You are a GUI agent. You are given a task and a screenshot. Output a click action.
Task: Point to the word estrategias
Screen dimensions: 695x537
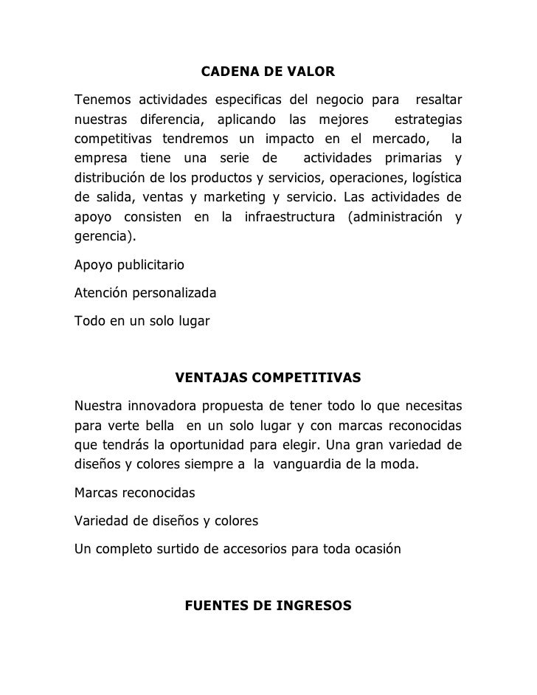[429, 119]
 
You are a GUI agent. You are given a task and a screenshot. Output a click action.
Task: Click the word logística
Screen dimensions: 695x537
[436, 178]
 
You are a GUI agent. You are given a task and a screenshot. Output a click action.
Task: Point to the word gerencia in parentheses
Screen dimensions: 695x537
[103, 238]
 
